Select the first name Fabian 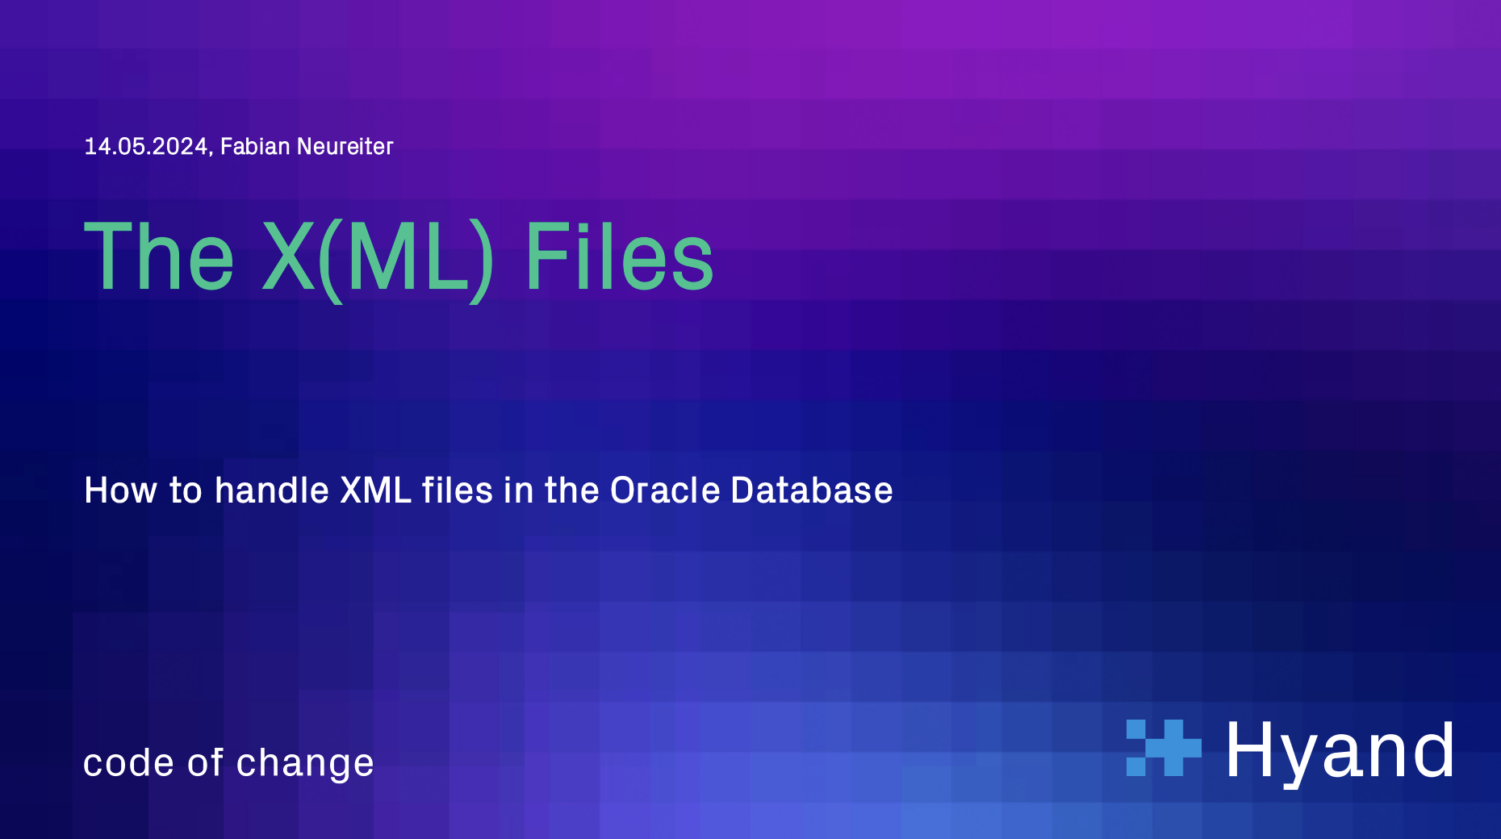pyautogui.click(x=255, y=146)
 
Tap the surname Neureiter pyautogui.click(x=345, y=146)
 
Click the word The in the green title pyautogui.click(x=160, y=257)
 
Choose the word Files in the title pyautogui.click(x=620, y=257)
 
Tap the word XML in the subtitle pyautogui.click(x=376, y=490)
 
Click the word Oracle pyautogui.click(x=665, y=490)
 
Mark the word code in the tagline pyautogui.click(x=129, y=762)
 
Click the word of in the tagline pyautogui.click(x=205, y=762)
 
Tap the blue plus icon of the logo pyautogui.click(x=1164, y=748)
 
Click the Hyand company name pyautogui.click(x=1340, y=752)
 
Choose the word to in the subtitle pyautogui.click(x=186, y=491)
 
